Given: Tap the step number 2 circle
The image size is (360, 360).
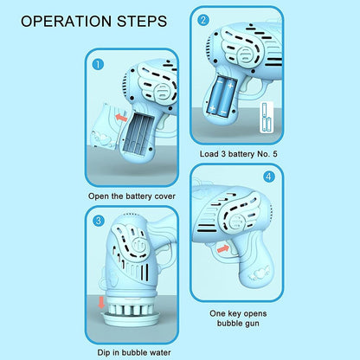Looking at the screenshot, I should (204, 19).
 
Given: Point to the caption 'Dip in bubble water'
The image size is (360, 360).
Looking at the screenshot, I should (137, 352).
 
